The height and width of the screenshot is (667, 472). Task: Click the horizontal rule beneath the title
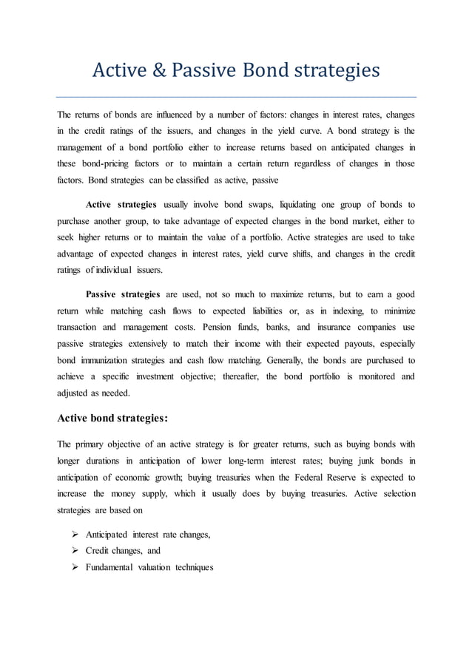(236, 97)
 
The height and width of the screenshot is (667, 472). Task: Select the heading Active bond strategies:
(112, 416)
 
